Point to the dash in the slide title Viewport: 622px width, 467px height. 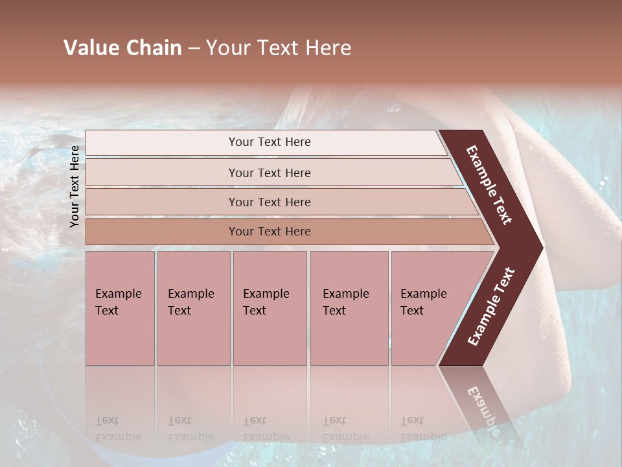tap(194, 49)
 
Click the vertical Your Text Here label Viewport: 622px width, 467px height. tap(75, 186)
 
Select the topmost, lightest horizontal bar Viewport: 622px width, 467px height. tap(270, 142)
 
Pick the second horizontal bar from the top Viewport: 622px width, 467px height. tap(270, 173)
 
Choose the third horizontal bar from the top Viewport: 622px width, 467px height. tap(270, 202)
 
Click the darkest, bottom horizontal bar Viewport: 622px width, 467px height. tap(270, 232)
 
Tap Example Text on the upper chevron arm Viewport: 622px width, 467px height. tap(490, 185)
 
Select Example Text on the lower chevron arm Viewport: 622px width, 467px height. tap(491, 307)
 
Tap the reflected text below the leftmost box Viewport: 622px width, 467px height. tap(118, 428)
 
